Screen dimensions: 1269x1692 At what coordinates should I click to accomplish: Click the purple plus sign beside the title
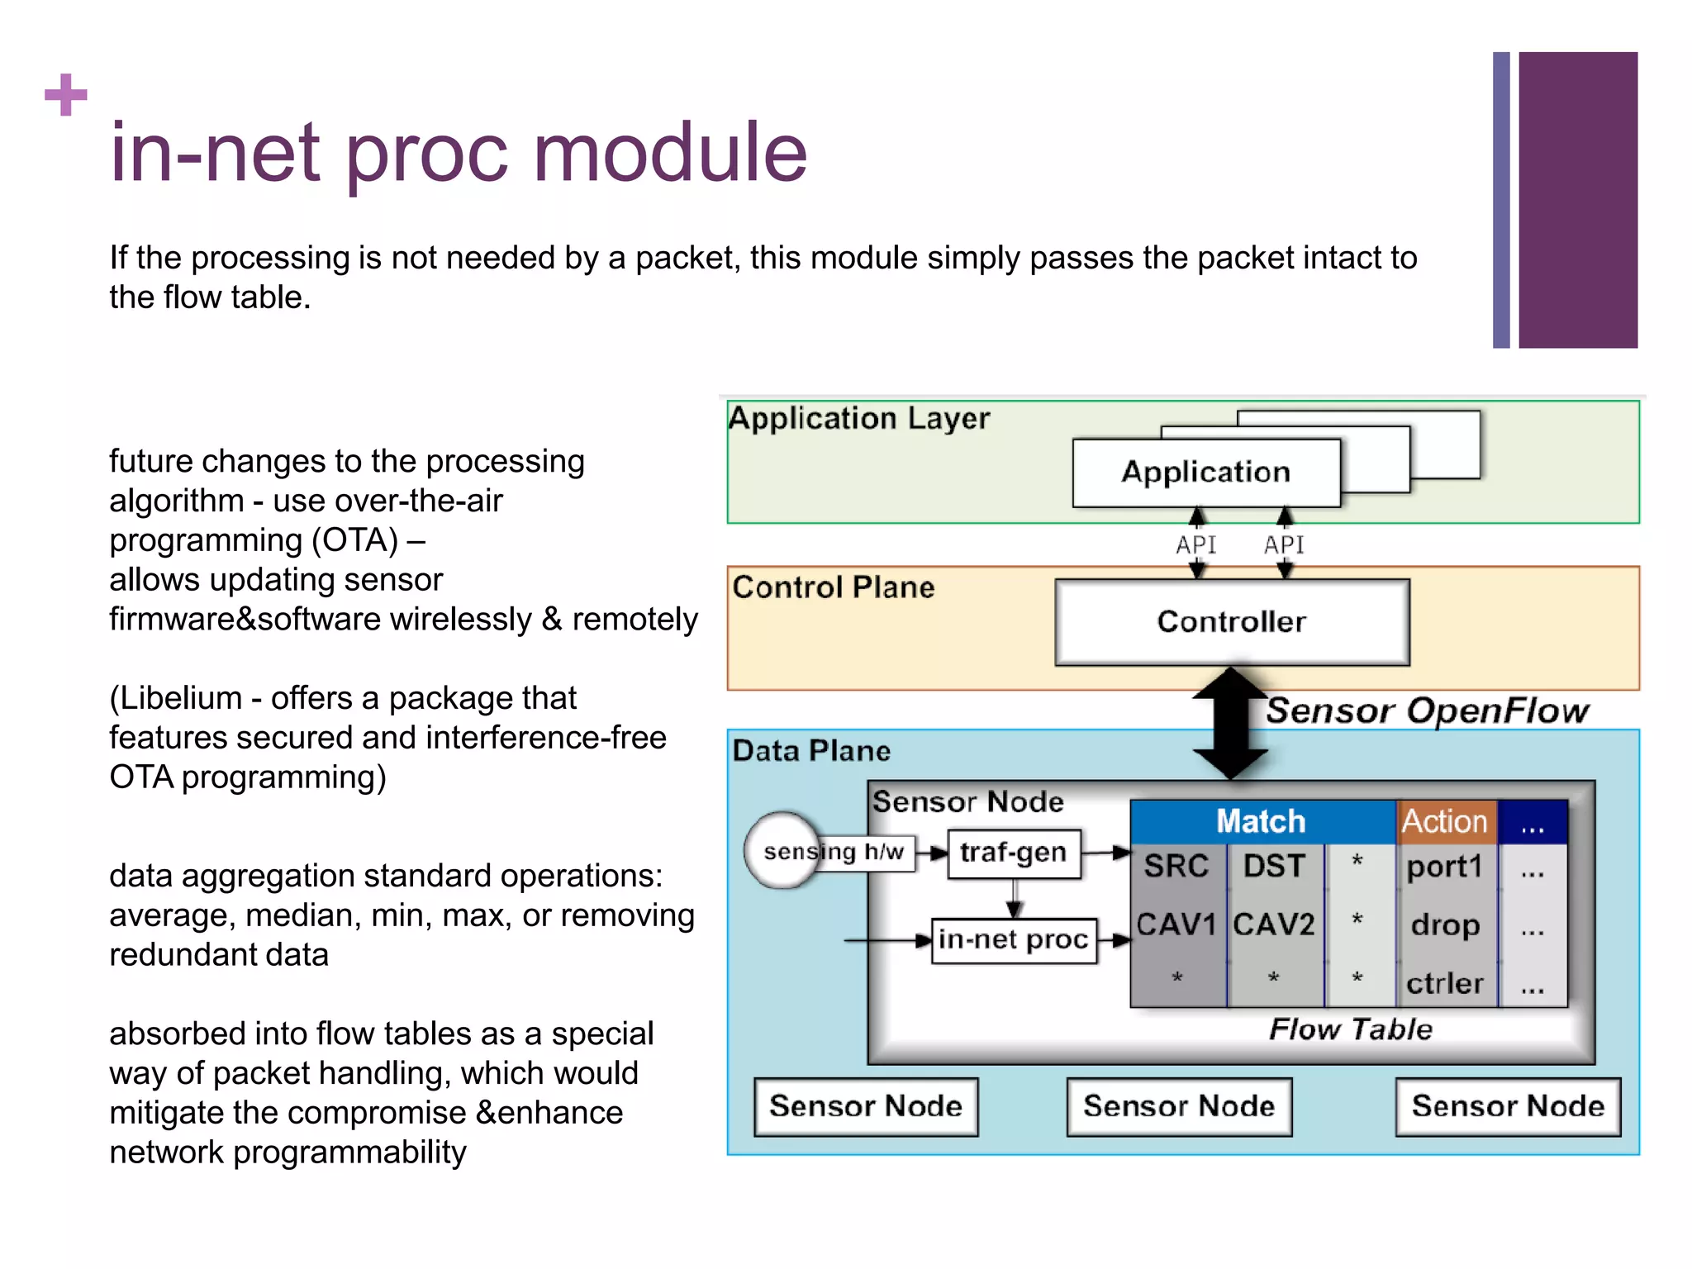(65, 95)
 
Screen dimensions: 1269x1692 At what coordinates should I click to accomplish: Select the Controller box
(1231, 621)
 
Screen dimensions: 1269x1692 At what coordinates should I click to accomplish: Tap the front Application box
(1205, 473)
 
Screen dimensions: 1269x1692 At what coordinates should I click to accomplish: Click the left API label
(1195, 545)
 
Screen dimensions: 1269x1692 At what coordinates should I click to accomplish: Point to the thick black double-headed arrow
(1230, 724)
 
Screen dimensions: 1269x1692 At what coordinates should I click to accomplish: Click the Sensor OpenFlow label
(1427, 711)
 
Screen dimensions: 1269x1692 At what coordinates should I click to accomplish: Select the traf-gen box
(1014, 853)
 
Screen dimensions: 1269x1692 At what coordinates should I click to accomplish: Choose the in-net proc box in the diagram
(1014, 940)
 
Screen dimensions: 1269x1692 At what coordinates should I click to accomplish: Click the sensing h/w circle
(782, 851)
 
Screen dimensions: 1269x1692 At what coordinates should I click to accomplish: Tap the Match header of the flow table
(1261, 821)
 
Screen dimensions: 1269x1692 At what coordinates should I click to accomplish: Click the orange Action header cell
(1445, 821)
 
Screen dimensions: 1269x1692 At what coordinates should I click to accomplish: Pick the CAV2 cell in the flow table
(1274, 924)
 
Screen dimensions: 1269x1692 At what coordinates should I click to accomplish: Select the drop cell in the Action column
(1445, 924)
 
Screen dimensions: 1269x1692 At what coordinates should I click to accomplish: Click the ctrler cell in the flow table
(1445, 983)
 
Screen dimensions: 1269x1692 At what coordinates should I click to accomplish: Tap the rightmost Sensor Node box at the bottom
(1508, 1106)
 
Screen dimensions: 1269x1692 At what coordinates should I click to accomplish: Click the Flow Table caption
(1351, 1029)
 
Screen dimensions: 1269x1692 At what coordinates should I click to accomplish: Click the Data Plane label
(811, 751)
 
